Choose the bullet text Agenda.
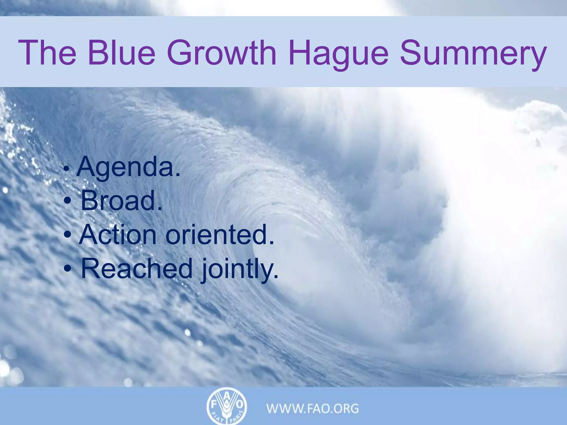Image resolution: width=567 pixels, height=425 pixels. coord(128,167)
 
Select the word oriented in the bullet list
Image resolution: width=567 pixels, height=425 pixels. coord(220,234)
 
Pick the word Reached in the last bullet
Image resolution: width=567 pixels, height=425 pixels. coord(136,268)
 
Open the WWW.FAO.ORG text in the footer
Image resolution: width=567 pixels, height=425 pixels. coord(313,408)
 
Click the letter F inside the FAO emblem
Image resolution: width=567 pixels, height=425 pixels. coord(214,405)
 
